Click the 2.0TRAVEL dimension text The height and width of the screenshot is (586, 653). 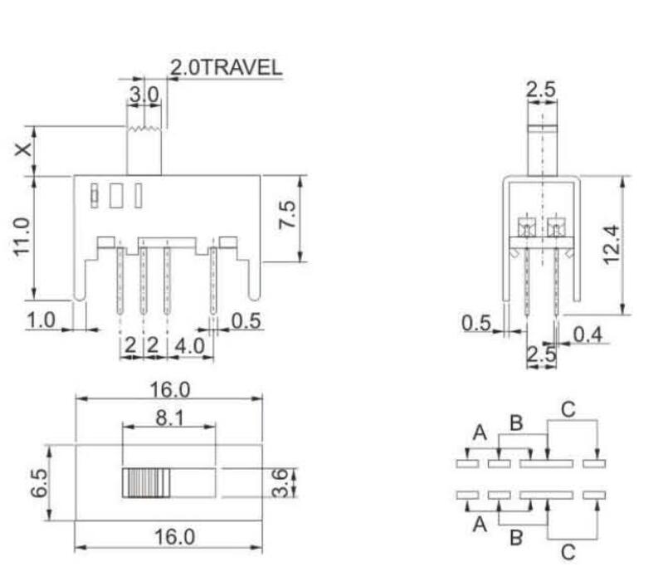[x=226, y=68]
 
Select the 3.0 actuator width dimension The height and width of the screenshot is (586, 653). [x=143, y=95]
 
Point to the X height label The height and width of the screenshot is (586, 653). [x=24, y=150]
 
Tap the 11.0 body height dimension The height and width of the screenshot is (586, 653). [x=22, y=237]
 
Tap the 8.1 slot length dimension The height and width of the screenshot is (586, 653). [x=168, y=419]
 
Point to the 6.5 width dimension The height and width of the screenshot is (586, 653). [x=36, y=483]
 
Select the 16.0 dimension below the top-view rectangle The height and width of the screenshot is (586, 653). [x=170, y=537]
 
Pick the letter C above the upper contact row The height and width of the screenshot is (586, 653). [x=567, y=408]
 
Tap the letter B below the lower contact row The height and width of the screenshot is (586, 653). [x=515, y=538]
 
